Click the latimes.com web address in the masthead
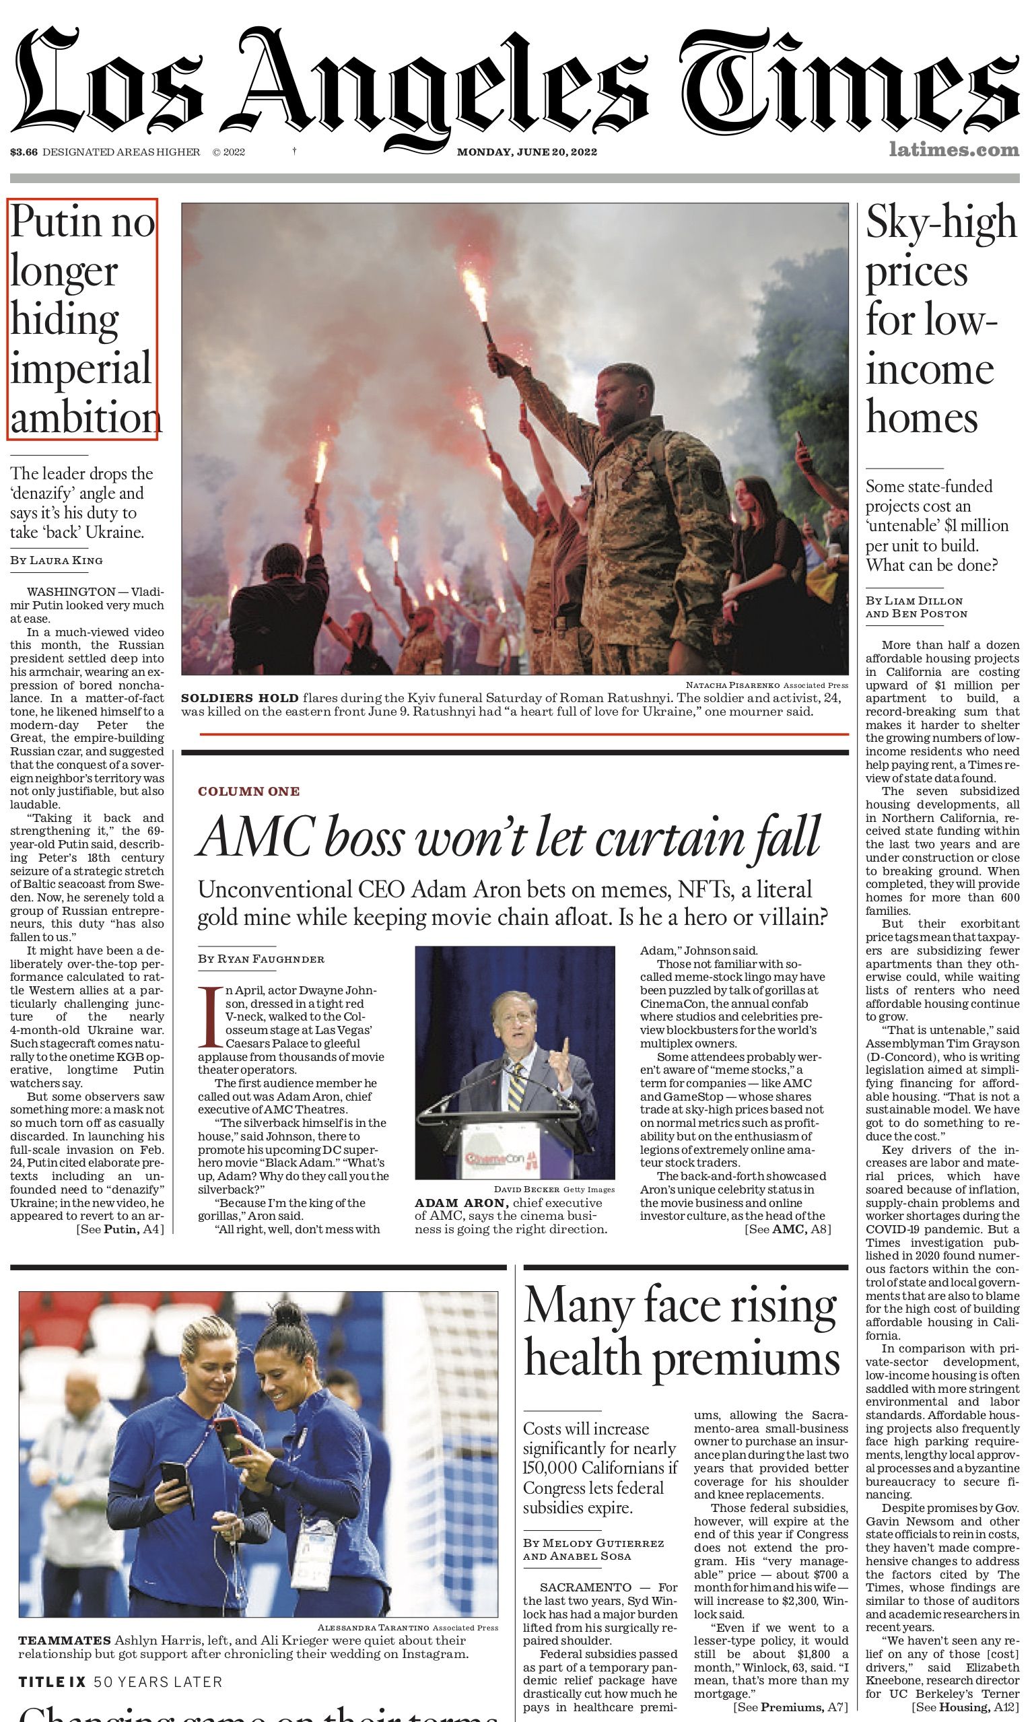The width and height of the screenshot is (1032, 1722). click(x=953, y=149)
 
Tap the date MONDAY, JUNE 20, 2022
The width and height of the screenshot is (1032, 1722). click(x=526, y=152)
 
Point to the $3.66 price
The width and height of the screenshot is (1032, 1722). click(x=24, y=152)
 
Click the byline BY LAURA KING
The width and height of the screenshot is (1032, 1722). click(x=57, y=560)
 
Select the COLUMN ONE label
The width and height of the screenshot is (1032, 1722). click(x=248, y=791)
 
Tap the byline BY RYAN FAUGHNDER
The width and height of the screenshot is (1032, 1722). click(x=261, y=959)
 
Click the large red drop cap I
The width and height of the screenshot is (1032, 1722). click(x=209, y=1017)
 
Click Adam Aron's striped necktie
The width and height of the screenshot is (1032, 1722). click(x=515, y=1085)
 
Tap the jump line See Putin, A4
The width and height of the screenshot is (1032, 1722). click(x=121, y=1229)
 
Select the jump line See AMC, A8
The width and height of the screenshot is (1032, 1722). click(x=787, y=1229)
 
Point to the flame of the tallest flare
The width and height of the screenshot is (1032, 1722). click(x=476, y=291)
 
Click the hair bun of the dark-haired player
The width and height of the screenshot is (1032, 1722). click(x=286, y=1313)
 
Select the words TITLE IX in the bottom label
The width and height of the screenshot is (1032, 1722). click(x=51, y=1682)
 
